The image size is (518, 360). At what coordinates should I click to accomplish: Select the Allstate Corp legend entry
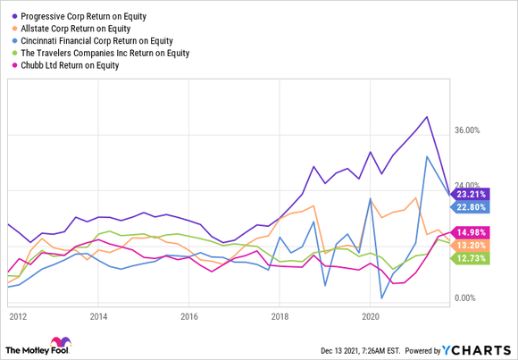tap(72, 29)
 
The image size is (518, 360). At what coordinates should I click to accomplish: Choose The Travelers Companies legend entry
tap(106, 53)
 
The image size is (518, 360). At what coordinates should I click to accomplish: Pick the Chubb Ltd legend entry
tap(70, 64)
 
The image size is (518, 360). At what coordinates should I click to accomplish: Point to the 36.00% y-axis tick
tap(468, 130)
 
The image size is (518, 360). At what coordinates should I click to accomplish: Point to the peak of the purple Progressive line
tap(427, 117)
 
